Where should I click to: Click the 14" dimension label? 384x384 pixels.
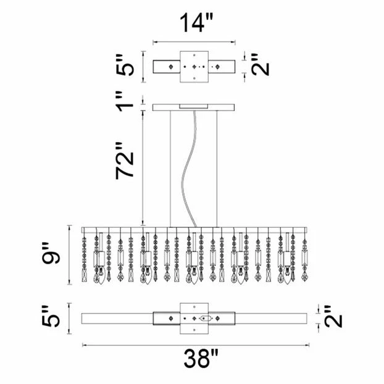tap(196, 23)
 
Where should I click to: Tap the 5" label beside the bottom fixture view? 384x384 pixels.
tap(54, 317)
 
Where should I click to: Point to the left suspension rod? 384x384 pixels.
tap(170, 167)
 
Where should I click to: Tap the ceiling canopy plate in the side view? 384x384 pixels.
tap(195, 108)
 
